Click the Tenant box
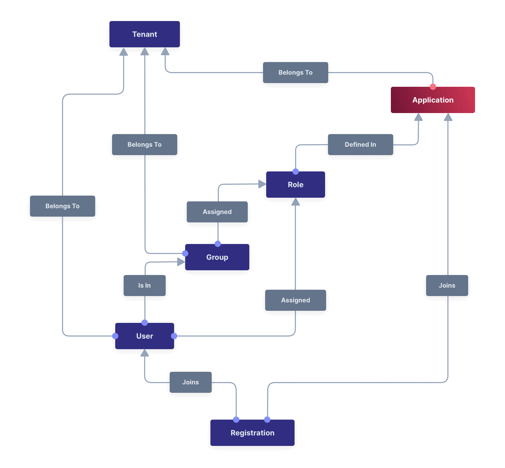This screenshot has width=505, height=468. click(144, 34)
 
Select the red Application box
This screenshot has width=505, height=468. click(433, 100)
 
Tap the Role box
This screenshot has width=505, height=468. click(295, 185)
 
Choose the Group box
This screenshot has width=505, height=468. click(217, 257)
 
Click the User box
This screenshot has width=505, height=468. click(144, 336)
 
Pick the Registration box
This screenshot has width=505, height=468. click(252, 433)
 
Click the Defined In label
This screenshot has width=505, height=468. click(360, 145)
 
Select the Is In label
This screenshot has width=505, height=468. click(144, 286)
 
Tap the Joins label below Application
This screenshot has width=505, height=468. click(447, 286)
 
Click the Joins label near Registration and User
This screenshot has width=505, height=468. click(190, 382)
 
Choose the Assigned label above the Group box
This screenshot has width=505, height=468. click(217, 212)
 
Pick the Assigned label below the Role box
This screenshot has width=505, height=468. click(295, 300)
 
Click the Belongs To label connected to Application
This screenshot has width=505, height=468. click(295, 73)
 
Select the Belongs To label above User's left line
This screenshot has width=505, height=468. click(62, 206)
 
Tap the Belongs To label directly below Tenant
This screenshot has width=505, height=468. click(144, 145)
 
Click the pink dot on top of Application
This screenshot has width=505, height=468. click(433, 87)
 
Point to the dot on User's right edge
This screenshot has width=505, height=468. click(174, 336)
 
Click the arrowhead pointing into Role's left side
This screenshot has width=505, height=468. click(262, 184)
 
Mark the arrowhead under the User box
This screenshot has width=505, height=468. click(145, 353)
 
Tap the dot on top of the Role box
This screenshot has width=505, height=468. click(296, 172)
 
